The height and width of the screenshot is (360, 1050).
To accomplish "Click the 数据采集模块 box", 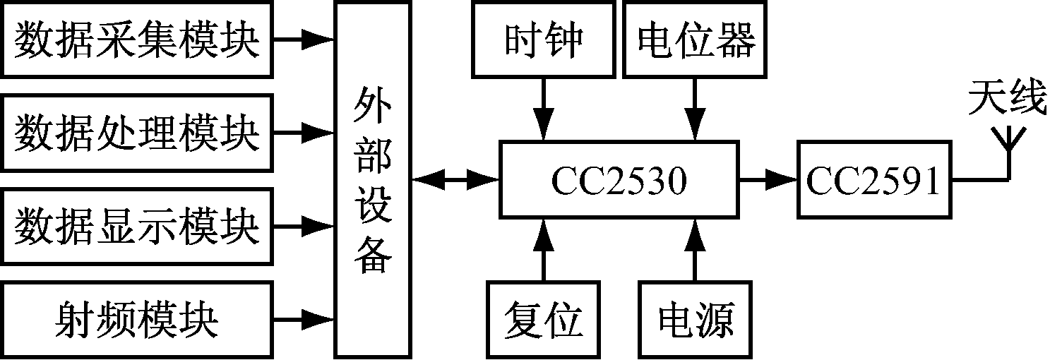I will click(136, 40).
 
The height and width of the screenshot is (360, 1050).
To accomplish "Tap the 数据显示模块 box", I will click(136, 227).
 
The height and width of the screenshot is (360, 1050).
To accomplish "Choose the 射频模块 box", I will click(136, 320).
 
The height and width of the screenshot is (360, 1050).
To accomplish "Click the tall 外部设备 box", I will click(372, 179).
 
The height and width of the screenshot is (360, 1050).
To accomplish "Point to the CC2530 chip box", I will click(618, 181).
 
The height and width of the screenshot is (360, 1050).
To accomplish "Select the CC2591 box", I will click(873, 181).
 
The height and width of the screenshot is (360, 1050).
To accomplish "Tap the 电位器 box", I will click(695, 40).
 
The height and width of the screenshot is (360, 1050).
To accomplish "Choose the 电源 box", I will click(695, 320).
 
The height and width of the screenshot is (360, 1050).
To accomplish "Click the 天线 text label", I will click(1006, 100).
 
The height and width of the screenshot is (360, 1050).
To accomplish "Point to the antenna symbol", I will click(1009, 145).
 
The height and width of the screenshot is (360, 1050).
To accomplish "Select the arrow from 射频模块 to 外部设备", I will click(302, 320).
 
